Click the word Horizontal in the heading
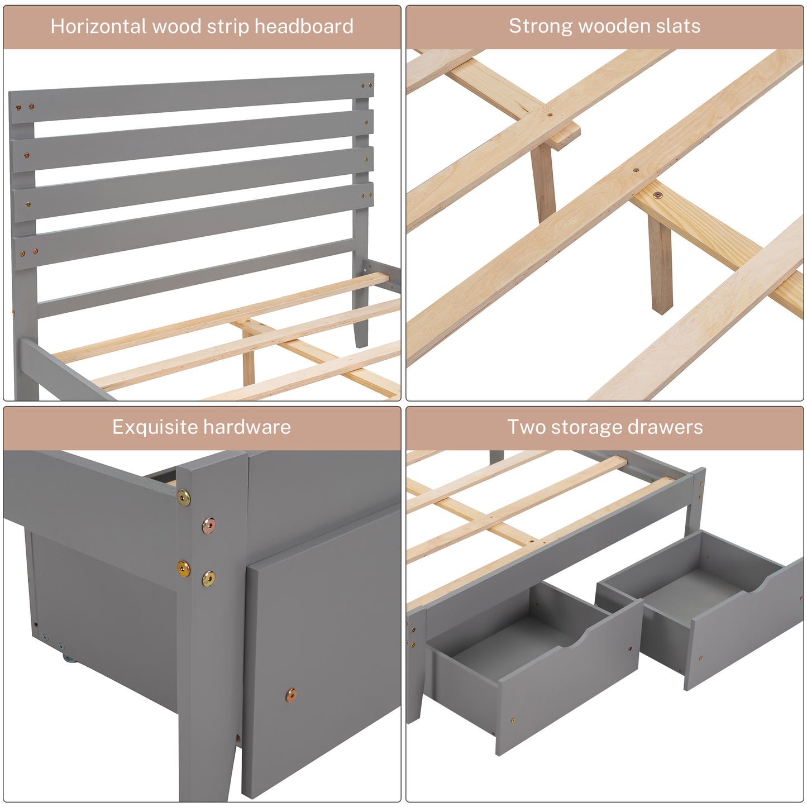[98, 26]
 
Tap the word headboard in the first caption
[304, 26]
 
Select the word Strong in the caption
[540, 26]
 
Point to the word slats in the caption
[678, 26]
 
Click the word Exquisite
[155, 428]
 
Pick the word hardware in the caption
[247, 428]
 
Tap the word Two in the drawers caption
[526, 428]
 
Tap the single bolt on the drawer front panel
[290, 696]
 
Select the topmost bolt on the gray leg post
[183, 498]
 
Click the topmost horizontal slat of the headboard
[191, 98]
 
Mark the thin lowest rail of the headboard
[197, 277]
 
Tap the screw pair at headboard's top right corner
[367, 85]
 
